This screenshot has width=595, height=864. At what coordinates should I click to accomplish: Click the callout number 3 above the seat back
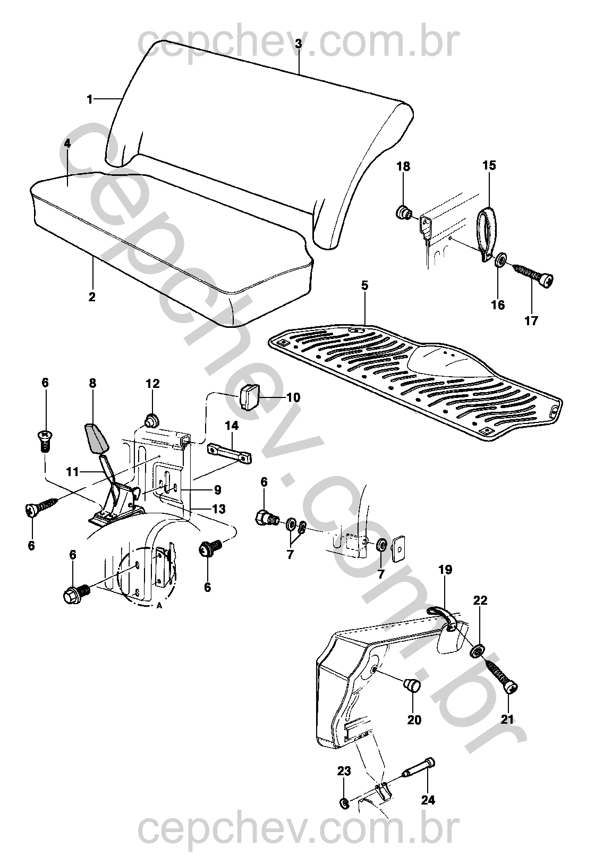click(299, 44)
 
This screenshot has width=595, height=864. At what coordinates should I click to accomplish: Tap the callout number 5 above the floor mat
click(364, 285)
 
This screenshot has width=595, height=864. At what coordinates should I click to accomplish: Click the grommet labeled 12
click(151, 420)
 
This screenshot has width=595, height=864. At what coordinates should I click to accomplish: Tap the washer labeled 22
click(477, 652)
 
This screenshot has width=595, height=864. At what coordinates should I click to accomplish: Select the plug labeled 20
click(412, 686)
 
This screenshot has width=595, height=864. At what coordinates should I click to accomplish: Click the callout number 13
click(219, 509)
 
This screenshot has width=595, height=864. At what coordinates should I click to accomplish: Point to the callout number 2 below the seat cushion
click(92, 297)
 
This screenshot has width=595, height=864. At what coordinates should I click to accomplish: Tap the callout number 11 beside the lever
click(72, 472)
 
